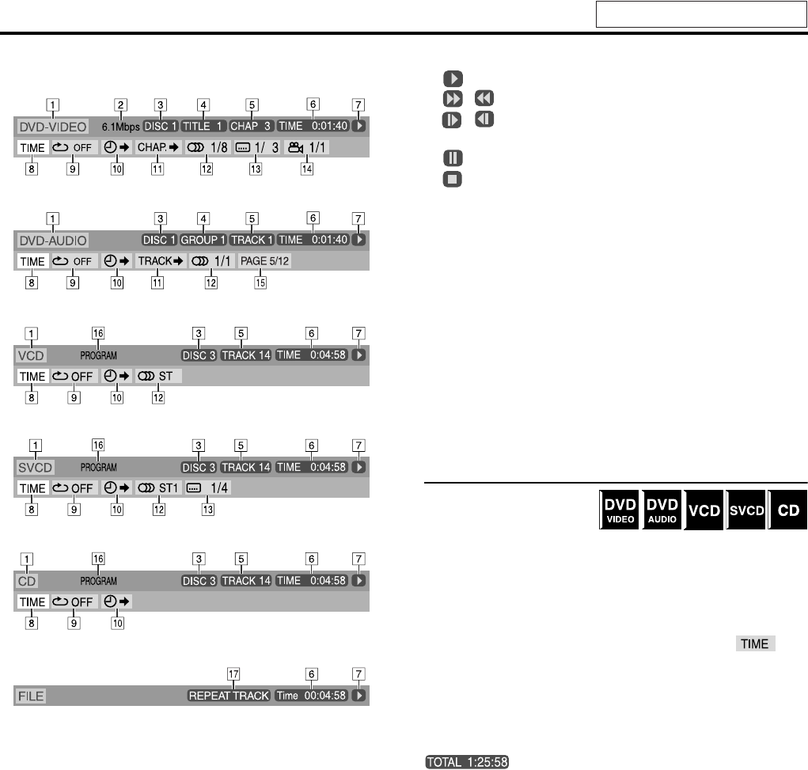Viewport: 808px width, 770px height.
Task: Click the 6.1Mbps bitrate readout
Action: pyautogui.click(x=120, y=127)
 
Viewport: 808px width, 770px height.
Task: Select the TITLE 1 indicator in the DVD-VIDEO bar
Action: pyautogui.click(x=203, y=127)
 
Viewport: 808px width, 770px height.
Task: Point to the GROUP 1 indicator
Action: pyautogui.click(x=203, y=240)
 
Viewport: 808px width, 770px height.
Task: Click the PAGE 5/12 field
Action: pyautogui.click(x=265, y=261)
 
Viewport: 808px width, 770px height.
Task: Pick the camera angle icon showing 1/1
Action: pyautogui.click(x=306, y=148)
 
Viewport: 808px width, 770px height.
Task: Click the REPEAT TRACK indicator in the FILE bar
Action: pyautogui.click(x=229, y=696)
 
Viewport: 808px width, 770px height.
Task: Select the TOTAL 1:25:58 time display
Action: pyautogui.click(x=467, y=762)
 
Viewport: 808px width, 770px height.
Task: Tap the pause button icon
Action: pyautogui.click(x=453, y=157)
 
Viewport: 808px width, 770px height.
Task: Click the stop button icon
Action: pyautogui.click(x=453, y=180)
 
